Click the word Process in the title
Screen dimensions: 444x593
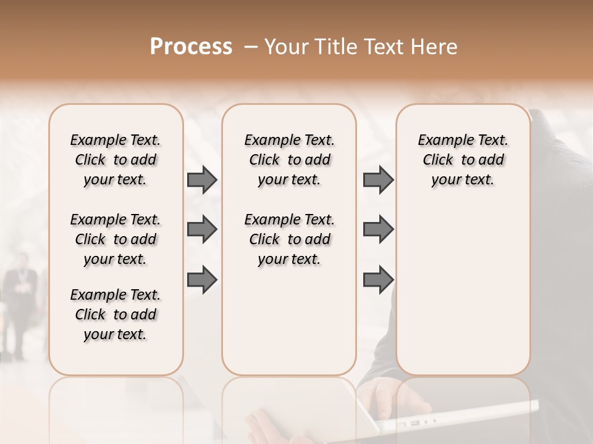[191, 47]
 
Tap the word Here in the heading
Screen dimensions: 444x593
[434, 47]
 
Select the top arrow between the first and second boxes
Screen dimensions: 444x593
[202, 180]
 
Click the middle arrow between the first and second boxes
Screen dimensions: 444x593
[202, 230]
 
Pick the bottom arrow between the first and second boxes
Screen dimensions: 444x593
[202, 281]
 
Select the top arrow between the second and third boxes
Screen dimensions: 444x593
[378, 180]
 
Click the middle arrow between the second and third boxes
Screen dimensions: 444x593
[378, 230]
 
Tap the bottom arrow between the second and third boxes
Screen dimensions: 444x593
[378, 281]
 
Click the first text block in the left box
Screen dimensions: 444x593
[116, 160]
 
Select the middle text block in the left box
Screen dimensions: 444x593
[116, 239]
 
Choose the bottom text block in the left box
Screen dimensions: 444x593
[116, 314]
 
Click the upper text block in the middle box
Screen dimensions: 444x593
[289, 160]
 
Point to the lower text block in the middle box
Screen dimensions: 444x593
[289, 239]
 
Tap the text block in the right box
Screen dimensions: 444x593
[463, 160]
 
